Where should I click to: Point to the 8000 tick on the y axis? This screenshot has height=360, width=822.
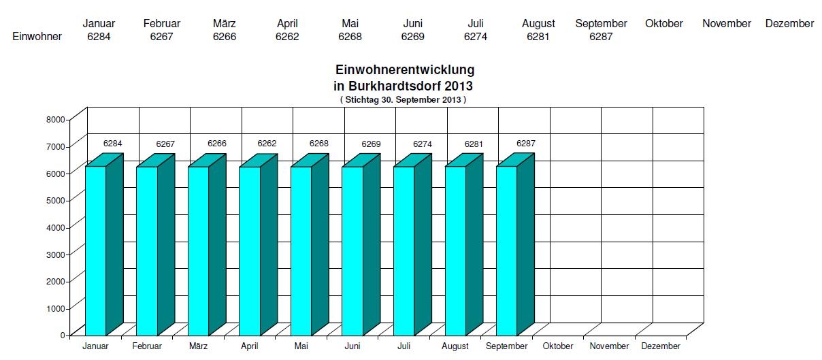point(56,119)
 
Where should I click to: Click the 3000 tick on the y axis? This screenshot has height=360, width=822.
point(56,254)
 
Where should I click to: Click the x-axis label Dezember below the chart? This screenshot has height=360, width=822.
point(661,346)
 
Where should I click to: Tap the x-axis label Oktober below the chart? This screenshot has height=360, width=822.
point(558,346)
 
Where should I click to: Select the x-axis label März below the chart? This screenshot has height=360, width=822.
point(199,346)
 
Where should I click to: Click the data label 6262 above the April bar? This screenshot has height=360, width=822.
point(267,144)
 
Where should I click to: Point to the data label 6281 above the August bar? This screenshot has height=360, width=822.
point(474,144)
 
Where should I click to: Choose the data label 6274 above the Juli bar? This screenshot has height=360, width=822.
point(423,144)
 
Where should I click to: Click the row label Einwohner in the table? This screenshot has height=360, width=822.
point(37,37)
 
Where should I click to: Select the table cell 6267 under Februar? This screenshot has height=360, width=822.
point(162,37)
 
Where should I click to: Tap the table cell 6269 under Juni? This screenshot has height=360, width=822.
point(413,37)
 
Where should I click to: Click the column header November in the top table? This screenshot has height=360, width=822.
point(727,24)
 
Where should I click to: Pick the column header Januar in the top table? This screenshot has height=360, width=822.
point(99,24)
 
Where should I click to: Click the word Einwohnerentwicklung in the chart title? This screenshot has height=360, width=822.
point(405,70)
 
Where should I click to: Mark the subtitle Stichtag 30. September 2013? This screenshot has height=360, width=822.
point(403,99)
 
